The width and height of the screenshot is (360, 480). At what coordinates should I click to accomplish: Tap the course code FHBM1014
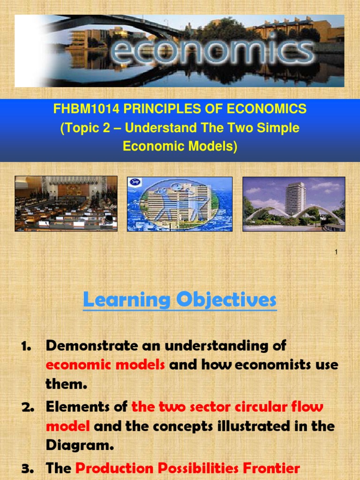pyautogui.click(x=80, y=109)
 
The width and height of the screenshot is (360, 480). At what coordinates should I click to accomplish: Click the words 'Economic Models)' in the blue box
pyautogui.click(x=180, y=146)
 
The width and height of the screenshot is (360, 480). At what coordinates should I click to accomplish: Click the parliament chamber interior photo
pyautogui.click(x=66, y=203)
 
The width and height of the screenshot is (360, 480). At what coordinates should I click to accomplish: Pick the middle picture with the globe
pyautogui.click(x=180, y=204)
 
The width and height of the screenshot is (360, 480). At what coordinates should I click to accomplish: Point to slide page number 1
pyautogui.click(x=336, y=253)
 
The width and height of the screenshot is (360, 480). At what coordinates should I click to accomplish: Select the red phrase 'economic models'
pyautogui.click(x=105, y=365)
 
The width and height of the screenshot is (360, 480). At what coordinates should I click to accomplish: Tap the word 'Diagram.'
pyautogui.click(x=80, y=445)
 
